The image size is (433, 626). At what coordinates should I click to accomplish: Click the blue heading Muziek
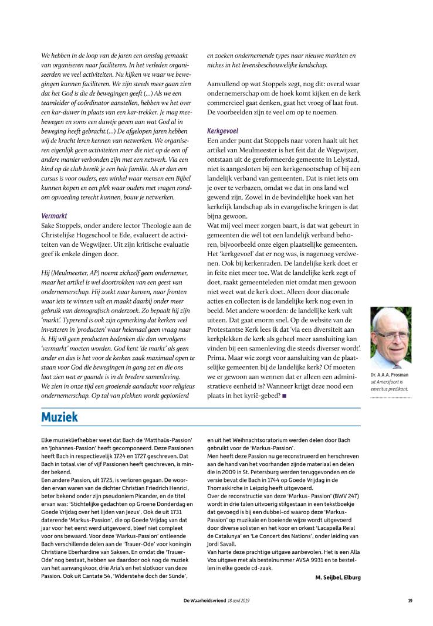coord(59,417)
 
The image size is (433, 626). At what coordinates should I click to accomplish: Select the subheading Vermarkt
coord(54,216)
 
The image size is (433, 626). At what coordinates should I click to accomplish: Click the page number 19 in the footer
coord(410,600)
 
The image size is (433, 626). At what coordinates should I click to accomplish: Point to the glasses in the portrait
coord(391,333)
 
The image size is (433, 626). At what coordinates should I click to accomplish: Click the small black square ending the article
coord(284,396)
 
